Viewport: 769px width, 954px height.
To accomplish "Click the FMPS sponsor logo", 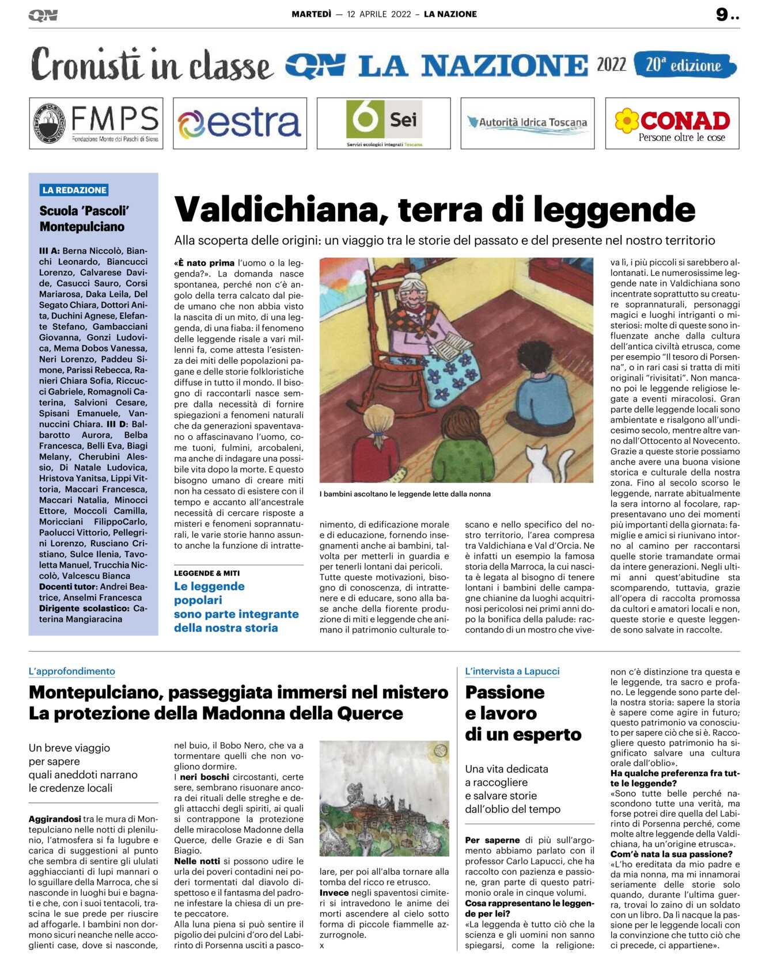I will point(96,123).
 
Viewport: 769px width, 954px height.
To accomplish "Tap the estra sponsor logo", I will point(240,123).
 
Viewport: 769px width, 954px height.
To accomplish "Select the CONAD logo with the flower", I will point(672,123).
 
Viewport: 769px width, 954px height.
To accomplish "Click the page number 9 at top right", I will point(722,14).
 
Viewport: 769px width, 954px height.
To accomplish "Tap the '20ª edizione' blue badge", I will point(684,65).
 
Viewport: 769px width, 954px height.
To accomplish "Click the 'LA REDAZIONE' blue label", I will point(74,190).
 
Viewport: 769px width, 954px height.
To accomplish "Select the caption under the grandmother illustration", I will point(405,493).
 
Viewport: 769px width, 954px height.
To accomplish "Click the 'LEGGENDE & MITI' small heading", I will point(207,573).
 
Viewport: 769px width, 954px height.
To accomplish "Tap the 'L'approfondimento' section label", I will point(72,671).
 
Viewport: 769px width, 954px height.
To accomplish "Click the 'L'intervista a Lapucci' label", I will point(512,671).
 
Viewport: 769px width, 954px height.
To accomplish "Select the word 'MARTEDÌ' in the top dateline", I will point(311,14).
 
